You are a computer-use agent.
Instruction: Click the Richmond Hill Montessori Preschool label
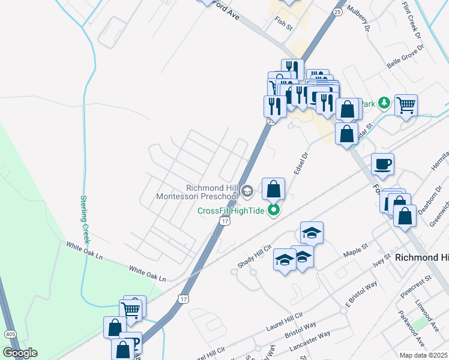(197, 191)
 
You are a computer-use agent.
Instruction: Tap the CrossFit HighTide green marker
(274, 210)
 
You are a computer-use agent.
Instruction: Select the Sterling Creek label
(85, 218)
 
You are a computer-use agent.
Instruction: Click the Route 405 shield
(10, 334)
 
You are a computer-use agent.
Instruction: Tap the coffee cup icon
(382, 164)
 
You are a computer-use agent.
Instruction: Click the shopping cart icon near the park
(406, 106)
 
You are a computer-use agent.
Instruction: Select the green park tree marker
(385, 103)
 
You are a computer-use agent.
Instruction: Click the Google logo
(20, 353)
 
